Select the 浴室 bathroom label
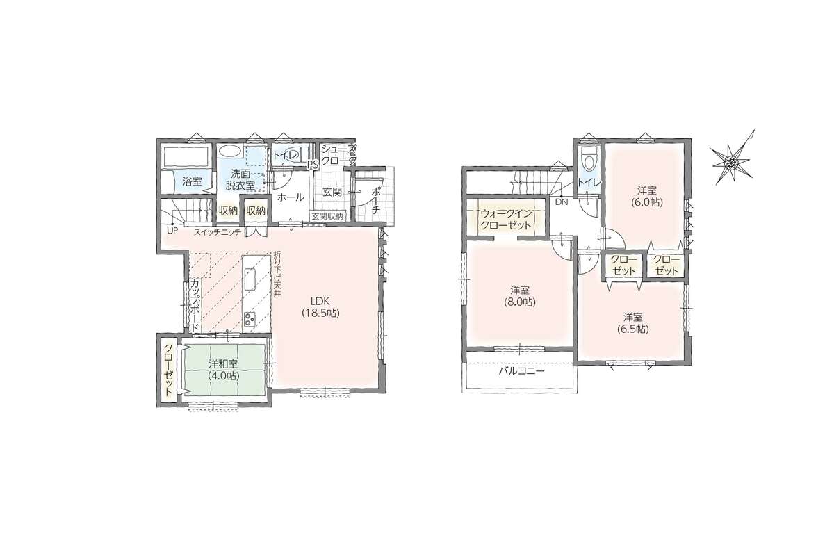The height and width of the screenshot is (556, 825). [x=192, y=182]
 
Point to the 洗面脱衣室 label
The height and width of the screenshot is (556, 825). [x=240, y=179]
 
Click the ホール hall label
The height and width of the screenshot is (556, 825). [x=290, y=197]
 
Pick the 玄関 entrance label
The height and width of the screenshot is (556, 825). [x=332, y=192]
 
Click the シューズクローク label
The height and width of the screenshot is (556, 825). [x=339, y=155]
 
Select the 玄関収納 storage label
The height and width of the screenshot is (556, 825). [x=327, y=216]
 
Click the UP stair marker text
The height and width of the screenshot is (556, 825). [x=172, y=231]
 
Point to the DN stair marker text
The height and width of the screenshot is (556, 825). [x=562, y=202]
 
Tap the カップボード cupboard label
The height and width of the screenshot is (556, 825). [x=194, y=304]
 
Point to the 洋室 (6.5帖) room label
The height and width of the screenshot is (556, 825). [x=633, y=323]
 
